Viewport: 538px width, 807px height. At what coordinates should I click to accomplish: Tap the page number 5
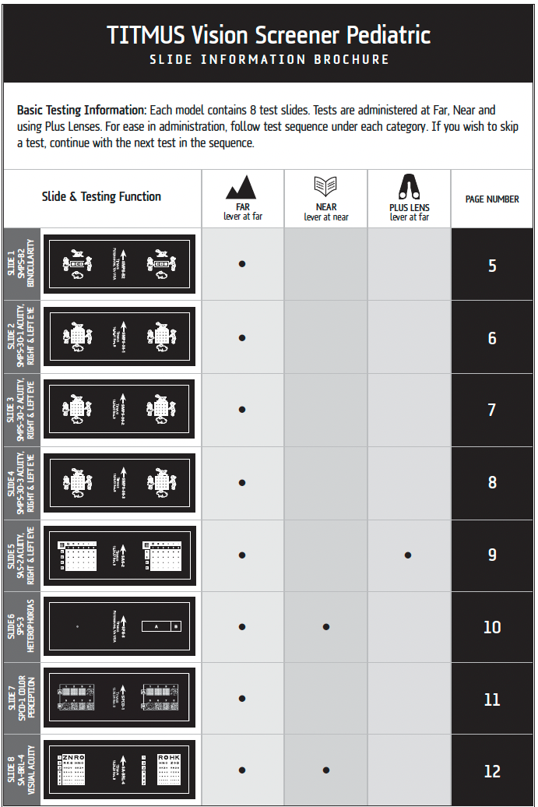[492, 266]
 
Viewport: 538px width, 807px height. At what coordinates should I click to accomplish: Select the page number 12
[492, 771]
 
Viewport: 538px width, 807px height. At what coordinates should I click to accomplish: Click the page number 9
[492, 555]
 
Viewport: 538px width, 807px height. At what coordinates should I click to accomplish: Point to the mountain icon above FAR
[241, 188]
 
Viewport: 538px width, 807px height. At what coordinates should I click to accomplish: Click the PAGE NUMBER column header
[492, 199]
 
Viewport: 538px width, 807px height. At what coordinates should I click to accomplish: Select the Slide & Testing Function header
[101, 197]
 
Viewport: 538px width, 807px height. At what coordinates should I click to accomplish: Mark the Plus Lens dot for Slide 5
[408, 555]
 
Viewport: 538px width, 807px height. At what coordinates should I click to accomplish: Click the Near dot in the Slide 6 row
[325, 627]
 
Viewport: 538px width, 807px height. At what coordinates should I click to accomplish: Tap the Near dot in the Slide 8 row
[325, 770]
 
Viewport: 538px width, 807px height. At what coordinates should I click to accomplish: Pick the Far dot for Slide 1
[242, 264]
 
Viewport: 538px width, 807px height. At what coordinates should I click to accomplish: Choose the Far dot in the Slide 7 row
[242, 699]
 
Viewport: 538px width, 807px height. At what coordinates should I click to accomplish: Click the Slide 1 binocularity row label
[22, 264]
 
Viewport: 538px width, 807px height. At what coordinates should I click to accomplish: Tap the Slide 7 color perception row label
[22, 699]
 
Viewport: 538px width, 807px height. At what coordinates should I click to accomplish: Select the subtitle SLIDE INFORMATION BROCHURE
[269, 59]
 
